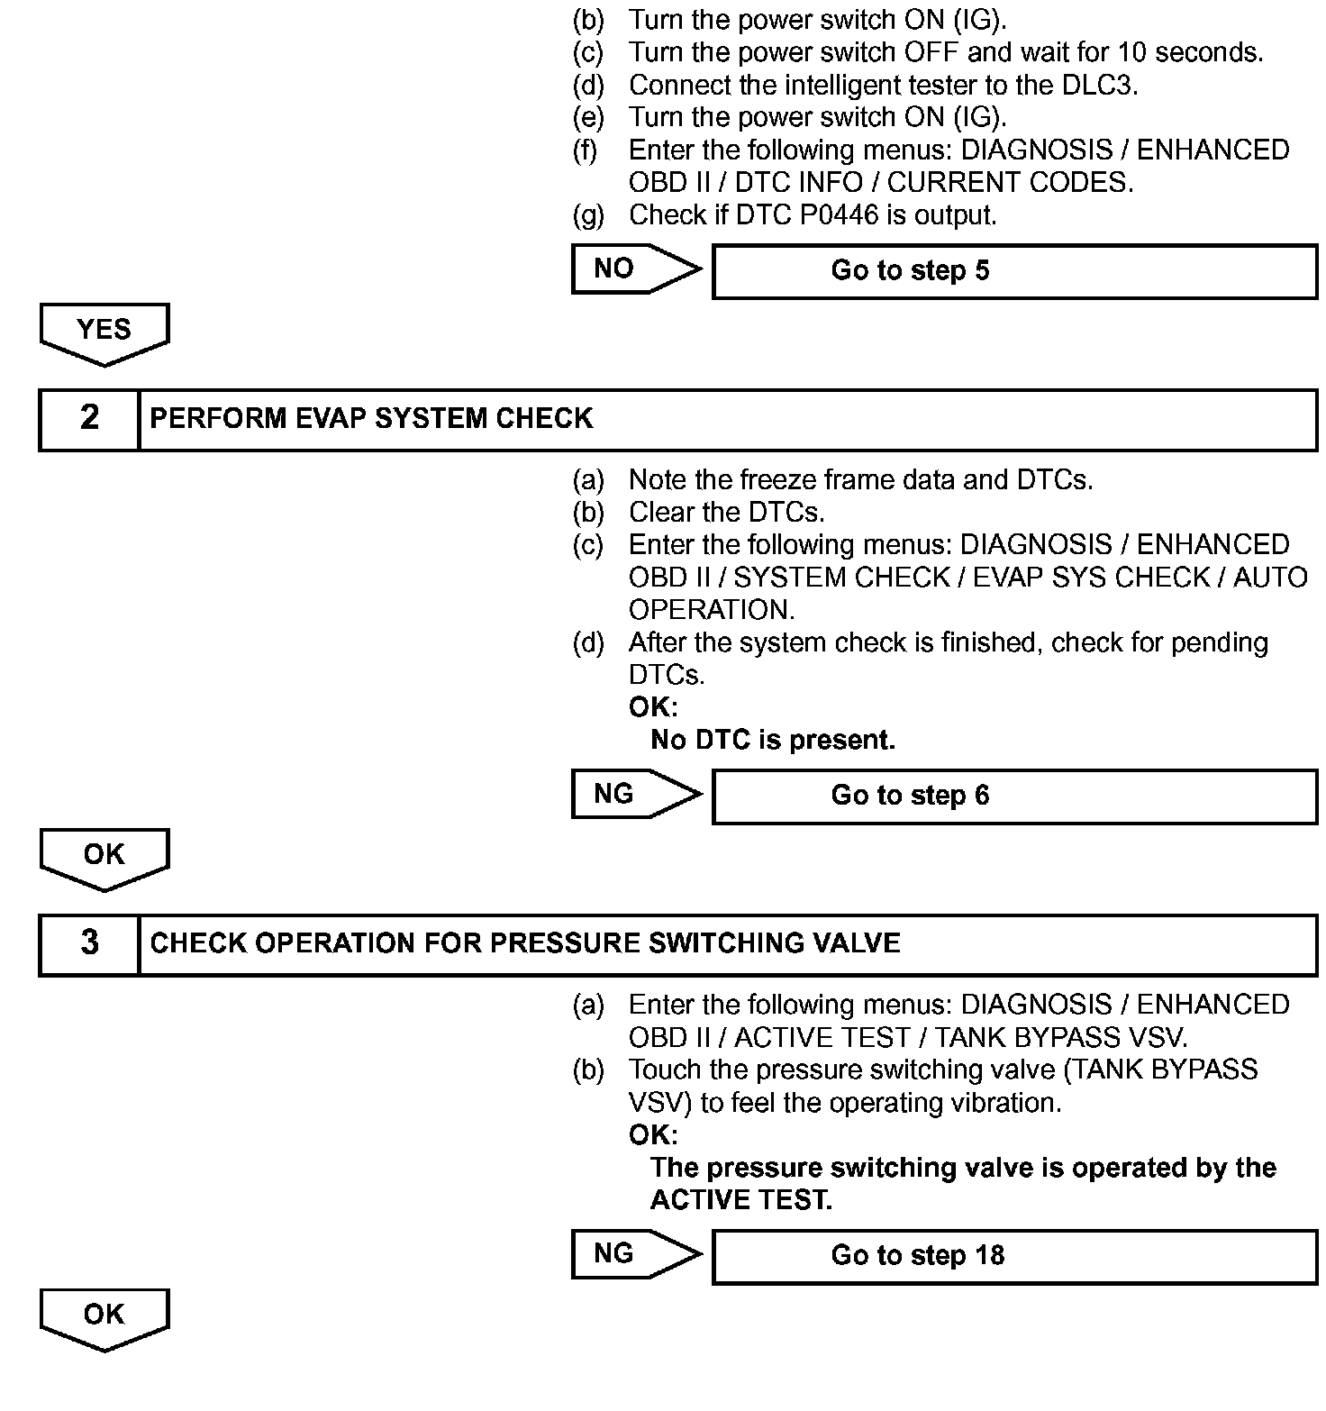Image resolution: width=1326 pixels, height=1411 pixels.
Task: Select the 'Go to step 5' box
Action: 1014,271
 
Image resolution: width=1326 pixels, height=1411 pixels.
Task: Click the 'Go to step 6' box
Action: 1014,796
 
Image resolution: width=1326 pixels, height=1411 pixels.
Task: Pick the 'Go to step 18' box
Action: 1014,1256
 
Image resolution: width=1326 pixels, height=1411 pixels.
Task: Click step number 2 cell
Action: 89,418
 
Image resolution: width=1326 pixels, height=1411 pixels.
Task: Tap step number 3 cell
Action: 89,943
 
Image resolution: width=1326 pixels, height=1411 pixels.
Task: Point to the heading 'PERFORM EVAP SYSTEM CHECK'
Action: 371,419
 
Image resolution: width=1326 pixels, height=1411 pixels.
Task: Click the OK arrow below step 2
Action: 104,857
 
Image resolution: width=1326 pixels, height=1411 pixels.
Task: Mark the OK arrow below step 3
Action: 104,1317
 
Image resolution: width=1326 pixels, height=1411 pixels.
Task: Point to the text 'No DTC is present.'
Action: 773,741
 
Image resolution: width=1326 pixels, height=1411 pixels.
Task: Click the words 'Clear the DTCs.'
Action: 726,513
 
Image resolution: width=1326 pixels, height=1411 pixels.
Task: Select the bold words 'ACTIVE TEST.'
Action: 741,1201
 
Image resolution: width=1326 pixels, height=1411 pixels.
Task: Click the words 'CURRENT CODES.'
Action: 1010,183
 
